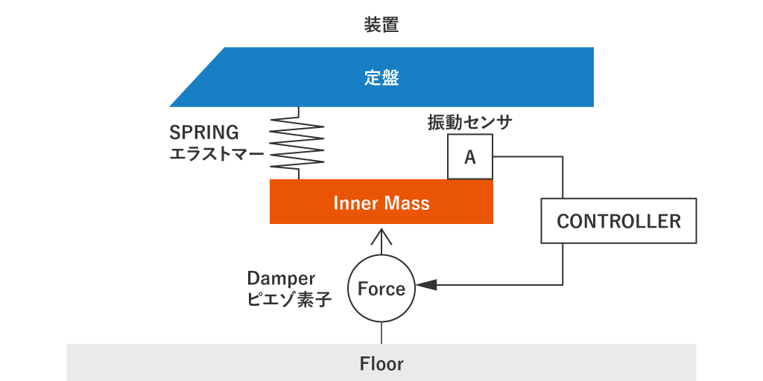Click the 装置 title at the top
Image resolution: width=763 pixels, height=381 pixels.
[381, 25]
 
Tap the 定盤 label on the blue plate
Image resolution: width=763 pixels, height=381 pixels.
[381, 77]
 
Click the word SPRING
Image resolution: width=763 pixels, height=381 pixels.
[204, 132]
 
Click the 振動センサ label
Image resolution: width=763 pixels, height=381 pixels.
[470, 122]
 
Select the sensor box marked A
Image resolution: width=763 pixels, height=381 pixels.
[470, 157]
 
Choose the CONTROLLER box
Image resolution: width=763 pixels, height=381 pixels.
[618, 221]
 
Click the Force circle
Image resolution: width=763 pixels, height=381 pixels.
[381, 289]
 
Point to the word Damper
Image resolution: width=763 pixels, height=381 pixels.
[282, 278]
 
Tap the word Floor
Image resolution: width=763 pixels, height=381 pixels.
[381, 364]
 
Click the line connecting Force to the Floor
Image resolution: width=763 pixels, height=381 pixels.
[381, 333]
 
